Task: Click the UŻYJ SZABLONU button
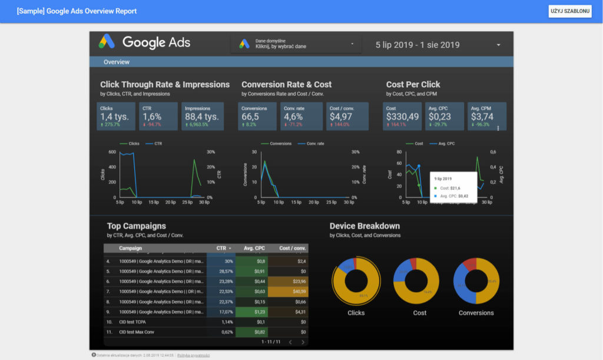point(569,11)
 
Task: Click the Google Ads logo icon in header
point(107,42)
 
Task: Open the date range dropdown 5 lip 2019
point(439,45)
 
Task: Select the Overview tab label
point(117,62)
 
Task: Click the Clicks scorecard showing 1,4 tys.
point(116,117)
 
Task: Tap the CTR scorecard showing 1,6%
point(158,117)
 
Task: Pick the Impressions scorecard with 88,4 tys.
point(202,117)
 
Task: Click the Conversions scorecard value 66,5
point(257,117)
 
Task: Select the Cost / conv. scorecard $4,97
point(347,117)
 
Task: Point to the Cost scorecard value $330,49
point(403,117)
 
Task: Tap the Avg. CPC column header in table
point(252,248)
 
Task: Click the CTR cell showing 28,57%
point(221,271)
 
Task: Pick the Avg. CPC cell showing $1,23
point(251,312)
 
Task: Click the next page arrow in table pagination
point(303,342)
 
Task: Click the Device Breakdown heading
point(365,226)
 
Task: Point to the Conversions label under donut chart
point(476,313)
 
